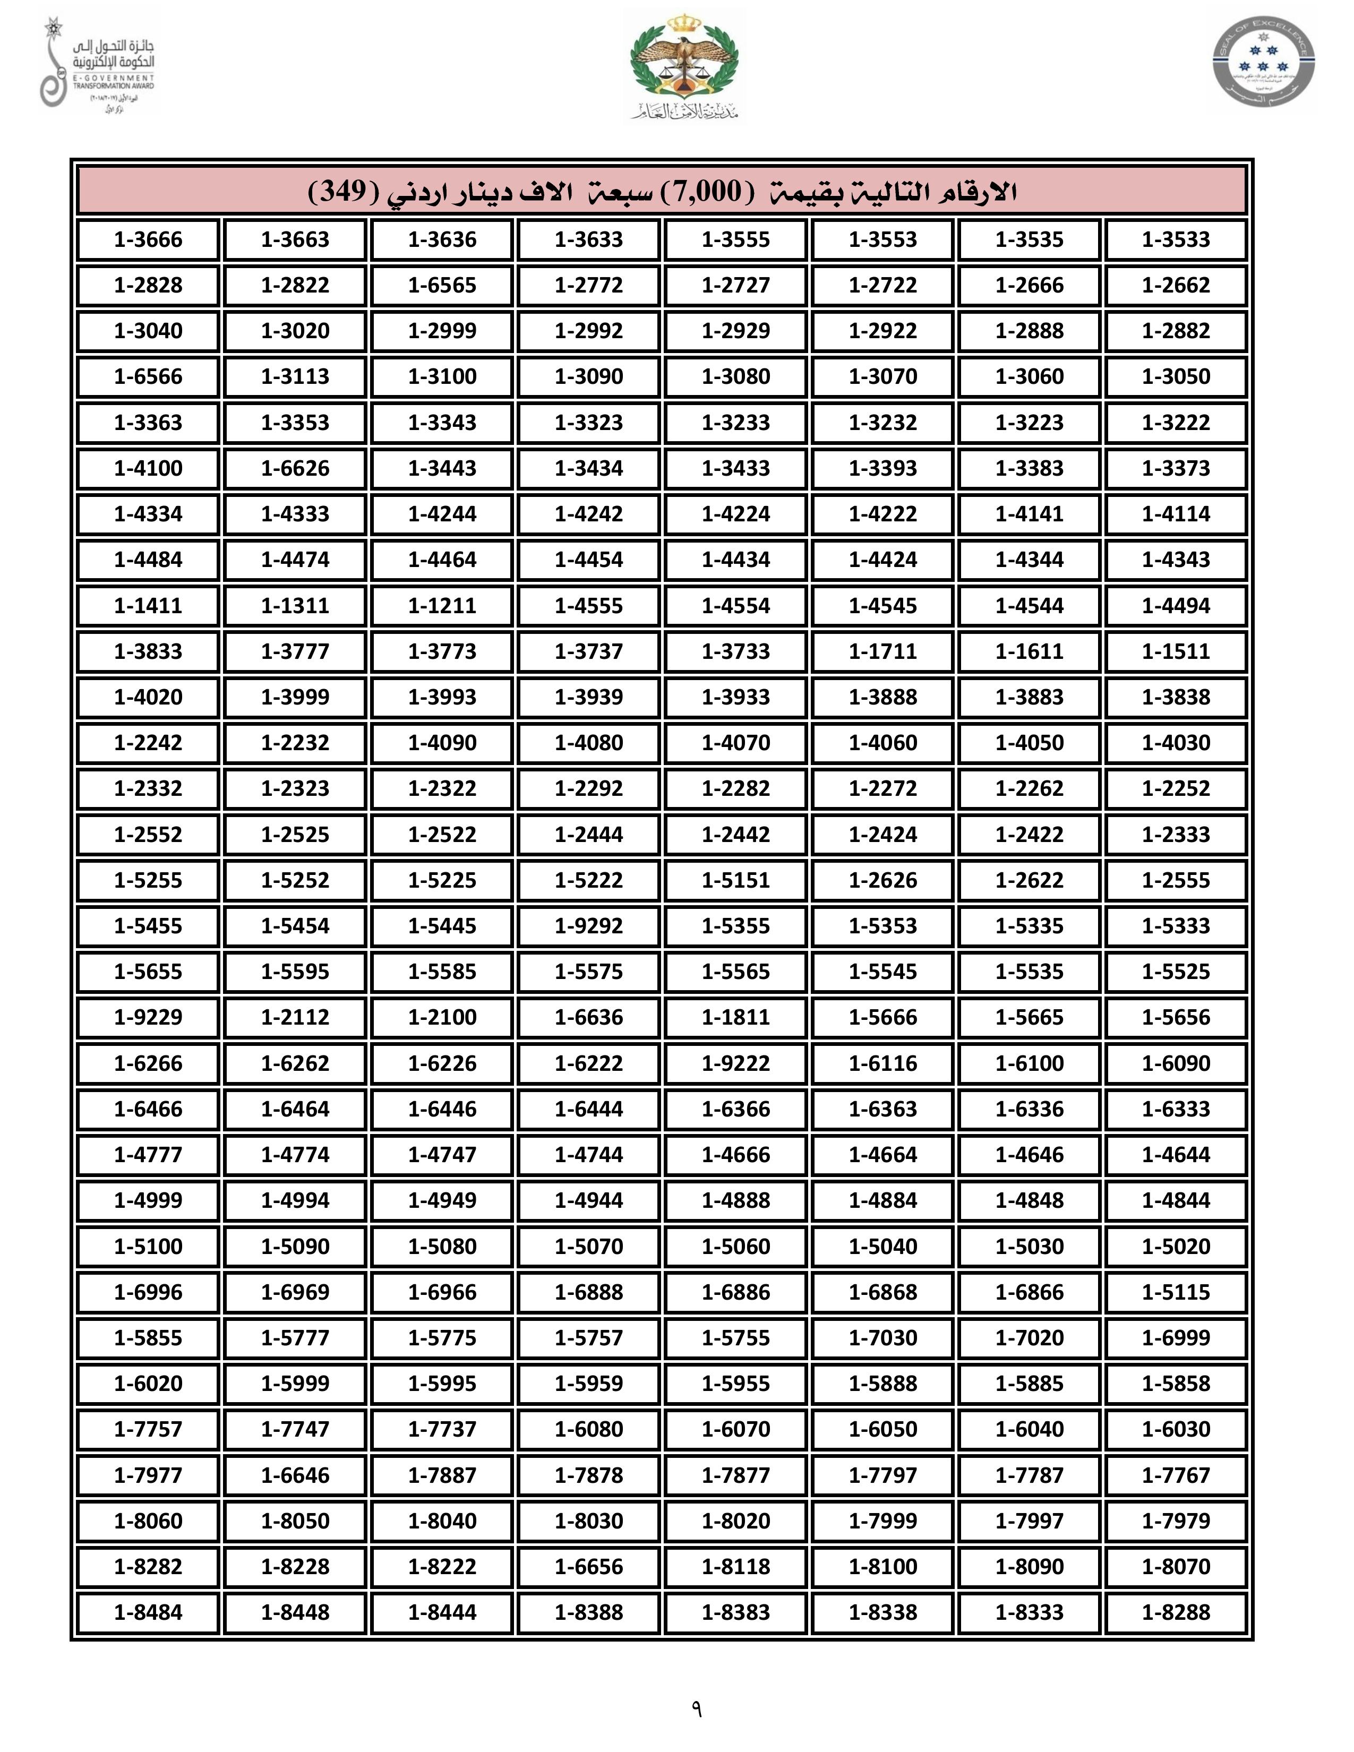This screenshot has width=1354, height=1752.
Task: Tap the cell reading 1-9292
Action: [x=589, y=926]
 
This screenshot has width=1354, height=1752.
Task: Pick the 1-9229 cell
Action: [x=148, y=1017]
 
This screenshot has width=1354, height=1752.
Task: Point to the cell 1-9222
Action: [x=735, y=1063]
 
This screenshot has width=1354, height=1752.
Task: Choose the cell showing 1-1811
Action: [x=735, y=1017]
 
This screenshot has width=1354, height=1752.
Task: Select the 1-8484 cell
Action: [x=148, y=1612]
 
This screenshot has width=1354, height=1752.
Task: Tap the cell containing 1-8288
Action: [x=1176, y=1612]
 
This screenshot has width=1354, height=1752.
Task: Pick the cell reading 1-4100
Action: [x=148, y=468]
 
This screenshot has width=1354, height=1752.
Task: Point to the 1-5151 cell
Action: [x=735, y=880]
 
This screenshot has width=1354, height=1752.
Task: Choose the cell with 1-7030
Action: [x=882, y=1338]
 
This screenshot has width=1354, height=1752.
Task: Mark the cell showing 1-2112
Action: [x=295, y=1017]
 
